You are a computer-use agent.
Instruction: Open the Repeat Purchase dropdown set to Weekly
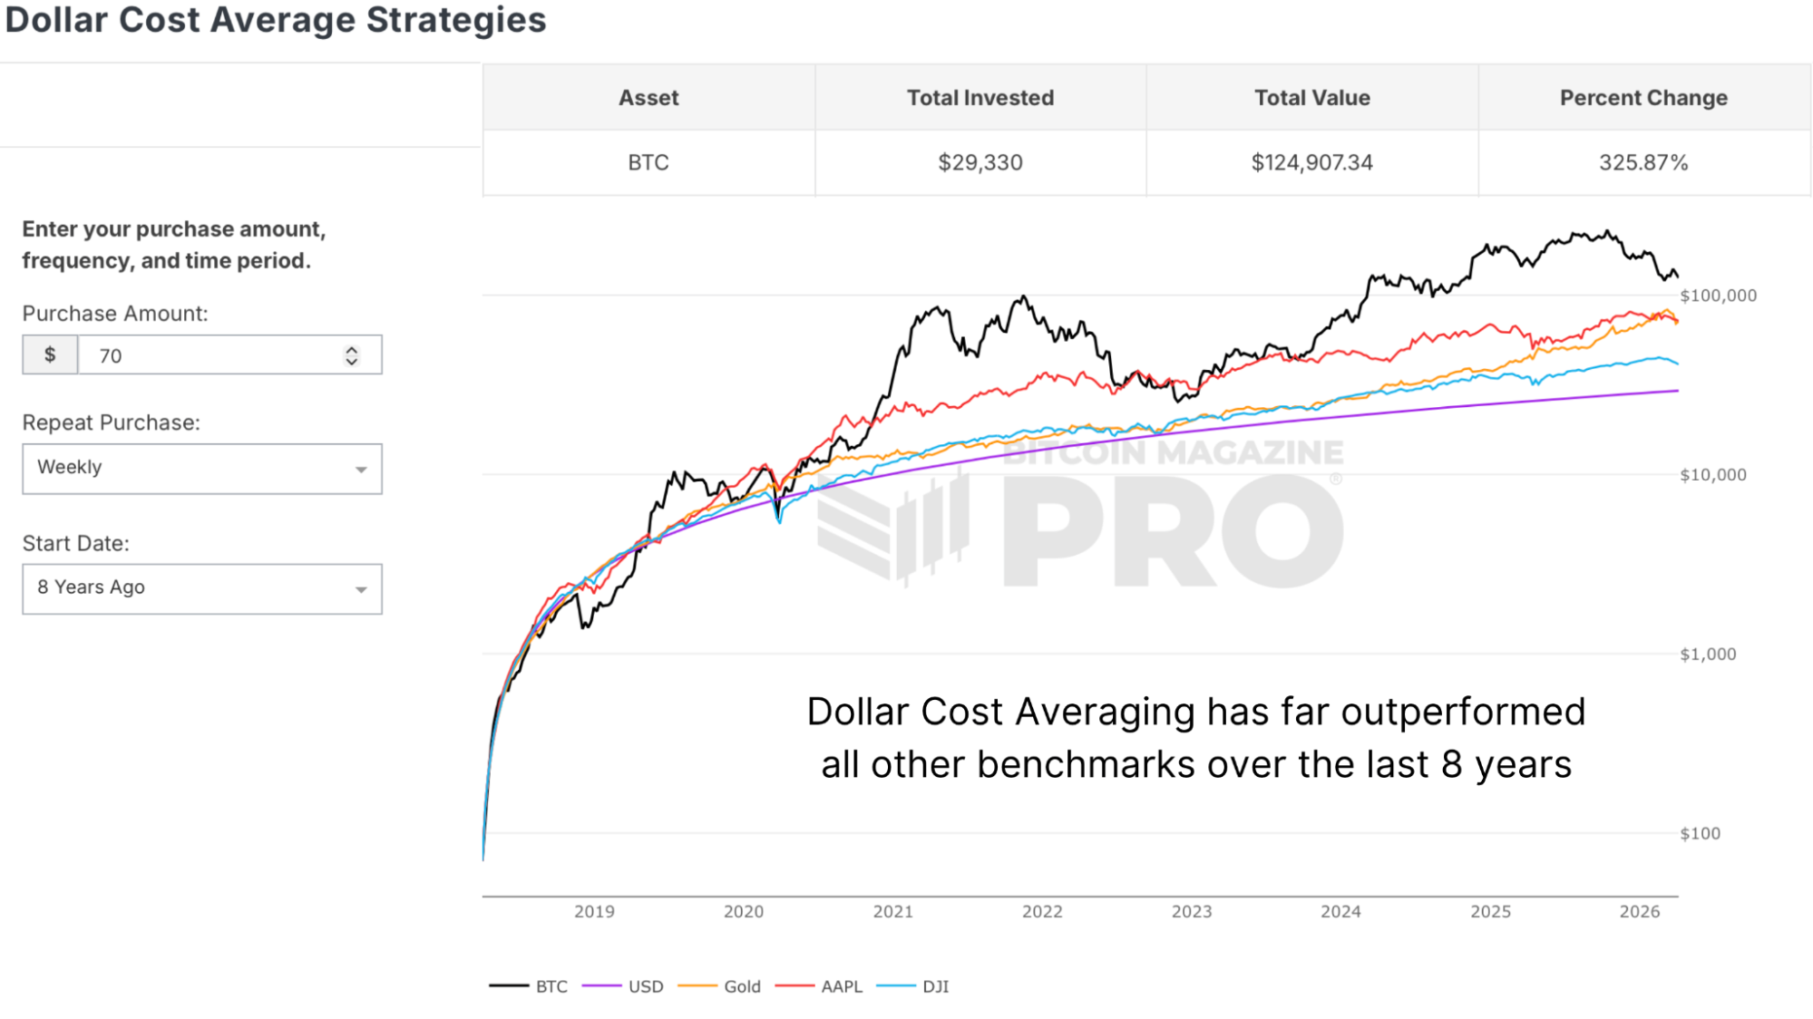click(x=202, y=468)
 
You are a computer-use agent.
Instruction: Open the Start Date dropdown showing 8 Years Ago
click(x=202, y=588)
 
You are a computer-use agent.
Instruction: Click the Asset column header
click(x=648, y=98)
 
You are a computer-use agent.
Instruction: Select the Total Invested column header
click(x=980, y=98)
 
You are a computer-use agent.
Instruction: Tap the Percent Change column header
click(x=1643, y=98)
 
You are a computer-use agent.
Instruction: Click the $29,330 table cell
click(x=980, y=163)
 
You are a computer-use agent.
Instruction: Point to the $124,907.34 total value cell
click(x=1311, y=163)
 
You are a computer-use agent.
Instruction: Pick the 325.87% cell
click(x=1643, y=163)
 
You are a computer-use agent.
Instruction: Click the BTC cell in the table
click(x=648, y=163)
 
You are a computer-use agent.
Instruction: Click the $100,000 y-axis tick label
click(x=1718, y=296)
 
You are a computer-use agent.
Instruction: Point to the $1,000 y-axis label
click(x=1708, y=655)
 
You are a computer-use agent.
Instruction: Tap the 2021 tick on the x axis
click(x=892, y=912)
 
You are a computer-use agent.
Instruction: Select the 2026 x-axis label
click(x=1640, y=912)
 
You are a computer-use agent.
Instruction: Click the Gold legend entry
click(x=741, y=986)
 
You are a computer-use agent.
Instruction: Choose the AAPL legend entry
click(x=841, y=986)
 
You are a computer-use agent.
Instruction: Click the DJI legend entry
click(x=935, y=986)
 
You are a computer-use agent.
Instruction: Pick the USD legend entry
click(x=645, y=986)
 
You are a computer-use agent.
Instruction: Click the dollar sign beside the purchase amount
click(x=50, y=355)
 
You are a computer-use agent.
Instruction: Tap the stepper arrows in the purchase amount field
click(x=352, y=355)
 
